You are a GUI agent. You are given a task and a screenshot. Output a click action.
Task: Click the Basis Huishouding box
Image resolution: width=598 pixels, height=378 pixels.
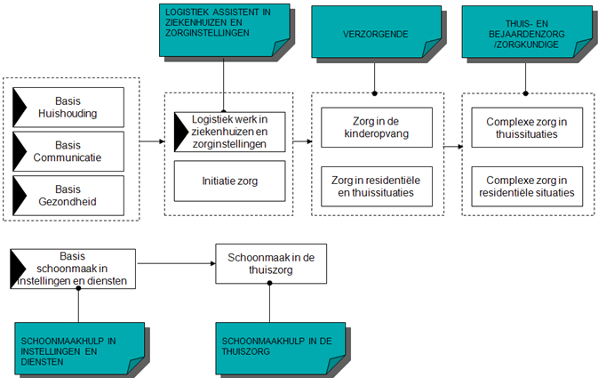pyautogui.click(x=68, y=108)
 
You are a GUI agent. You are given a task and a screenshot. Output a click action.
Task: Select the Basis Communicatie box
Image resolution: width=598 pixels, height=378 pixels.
pyautogui.click(x=68, y=151)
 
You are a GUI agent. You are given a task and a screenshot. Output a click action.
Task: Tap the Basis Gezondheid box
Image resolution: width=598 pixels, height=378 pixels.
pyautogui.click(x=68, y=196)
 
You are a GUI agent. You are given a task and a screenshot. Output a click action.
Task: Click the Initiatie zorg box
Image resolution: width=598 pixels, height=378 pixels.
pyautogui.click(x=229, y=181)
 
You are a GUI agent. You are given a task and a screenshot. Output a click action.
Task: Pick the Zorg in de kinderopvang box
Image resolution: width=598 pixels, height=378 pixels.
pyautogui.click(x=377, y=127)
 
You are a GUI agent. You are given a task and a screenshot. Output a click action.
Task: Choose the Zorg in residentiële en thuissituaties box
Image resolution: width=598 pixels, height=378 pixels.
pyautogui.click(x=377, y=186)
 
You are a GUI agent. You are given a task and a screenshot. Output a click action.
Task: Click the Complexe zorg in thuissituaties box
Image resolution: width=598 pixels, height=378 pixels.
pyautogui.click(x=527, y=127)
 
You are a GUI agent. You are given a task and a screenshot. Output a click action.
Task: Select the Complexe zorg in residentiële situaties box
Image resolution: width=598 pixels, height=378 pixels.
pyautogui.click(x=527, y=186)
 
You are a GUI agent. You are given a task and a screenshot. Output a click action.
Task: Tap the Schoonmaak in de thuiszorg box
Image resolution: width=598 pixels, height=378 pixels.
pyautogui.click(x=271, y=264)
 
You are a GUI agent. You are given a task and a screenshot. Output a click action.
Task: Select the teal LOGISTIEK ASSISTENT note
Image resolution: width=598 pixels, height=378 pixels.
pyautogui.click(x=224, y=30)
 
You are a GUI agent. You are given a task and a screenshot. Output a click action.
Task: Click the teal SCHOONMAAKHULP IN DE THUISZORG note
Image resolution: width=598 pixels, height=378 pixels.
pyautogui.click(x=280, y=349)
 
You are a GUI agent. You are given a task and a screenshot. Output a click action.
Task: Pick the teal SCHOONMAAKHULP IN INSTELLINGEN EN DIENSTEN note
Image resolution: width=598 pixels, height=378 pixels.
pyautogui.click(x=79, y=349)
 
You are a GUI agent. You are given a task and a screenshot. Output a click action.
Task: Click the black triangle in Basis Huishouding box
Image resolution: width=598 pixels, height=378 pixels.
pyautogui.click(x=20, y=108)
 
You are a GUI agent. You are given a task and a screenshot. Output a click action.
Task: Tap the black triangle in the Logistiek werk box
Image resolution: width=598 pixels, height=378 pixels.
pyautogui.click(x=181, y=133)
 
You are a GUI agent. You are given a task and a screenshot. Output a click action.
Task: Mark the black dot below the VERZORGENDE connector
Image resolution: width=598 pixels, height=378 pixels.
pyautogui.click(x=374, y=93)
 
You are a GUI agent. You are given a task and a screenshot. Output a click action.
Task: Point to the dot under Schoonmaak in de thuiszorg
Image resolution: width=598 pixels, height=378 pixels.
pyautogui.click(x=269, y=283)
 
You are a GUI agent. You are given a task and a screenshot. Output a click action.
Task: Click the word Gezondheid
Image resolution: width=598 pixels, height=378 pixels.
pyautogui.click(x=68, y=202)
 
